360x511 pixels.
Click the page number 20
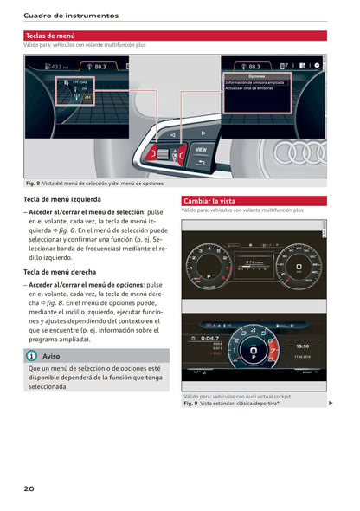coord(29,489)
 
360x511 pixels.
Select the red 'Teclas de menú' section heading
coord(50,36)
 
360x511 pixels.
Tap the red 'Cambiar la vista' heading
coord(209,200)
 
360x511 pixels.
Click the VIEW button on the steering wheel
coord(200,149)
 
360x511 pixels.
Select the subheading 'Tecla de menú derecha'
coord(60,272)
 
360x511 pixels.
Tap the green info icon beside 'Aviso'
coord(31,355)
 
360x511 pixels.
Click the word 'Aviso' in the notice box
coord(51,355)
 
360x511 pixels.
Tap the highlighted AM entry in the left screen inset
coord(87,98)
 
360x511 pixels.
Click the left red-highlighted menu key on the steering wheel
coord(162,153)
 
